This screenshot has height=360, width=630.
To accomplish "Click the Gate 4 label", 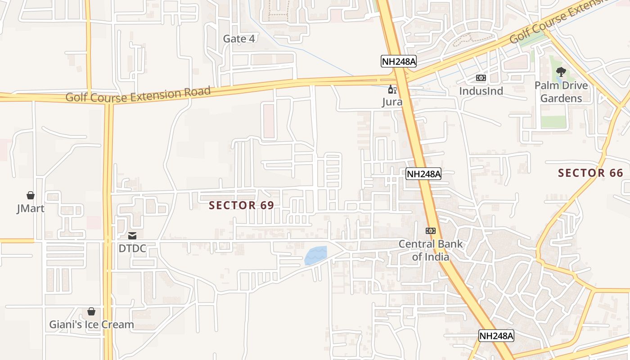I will coord(239,39).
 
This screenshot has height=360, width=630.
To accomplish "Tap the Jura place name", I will coord(392,102).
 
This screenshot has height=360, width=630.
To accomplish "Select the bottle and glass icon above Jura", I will coord(392,89).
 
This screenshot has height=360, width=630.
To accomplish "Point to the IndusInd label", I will coord(481,91).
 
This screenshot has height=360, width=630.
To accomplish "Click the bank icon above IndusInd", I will coord(481,78).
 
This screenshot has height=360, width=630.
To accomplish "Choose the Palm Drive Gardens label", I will coord(561,92).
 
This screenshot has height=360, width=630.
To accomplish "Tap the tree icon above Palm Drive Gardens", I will coord(561,72).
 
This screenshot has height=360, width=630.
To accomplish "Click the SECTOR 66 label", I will coord(590,173).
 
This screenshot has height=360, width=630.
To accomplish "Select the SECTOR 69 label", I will coord(241,205).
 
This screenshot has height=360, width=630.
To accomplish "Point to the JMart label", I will coord(31,209).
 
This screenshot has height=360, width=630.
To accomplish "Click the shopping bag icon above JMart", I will coord(31,195).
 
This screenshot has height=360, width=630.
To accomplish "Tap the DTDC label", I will coord(132,248).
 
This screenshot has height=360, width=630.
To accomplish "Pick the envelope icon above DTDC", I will coord(132,235).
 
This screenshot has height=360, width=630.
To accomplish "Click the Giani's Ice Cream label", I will coord(91,324).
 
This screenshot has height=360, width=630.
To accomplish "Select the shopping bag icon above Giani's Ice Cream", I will coord(91,311).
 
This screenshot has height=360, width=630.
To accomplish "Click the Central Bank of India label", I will coord(431,250).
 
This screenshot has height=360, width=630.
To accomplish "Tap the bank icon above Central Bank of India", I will coord(431,231).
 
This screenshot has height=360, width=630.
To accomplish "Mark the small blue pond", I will coord(315,256).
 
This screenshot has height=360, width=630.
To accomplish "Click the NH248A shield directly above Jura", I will coord(398,61).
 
